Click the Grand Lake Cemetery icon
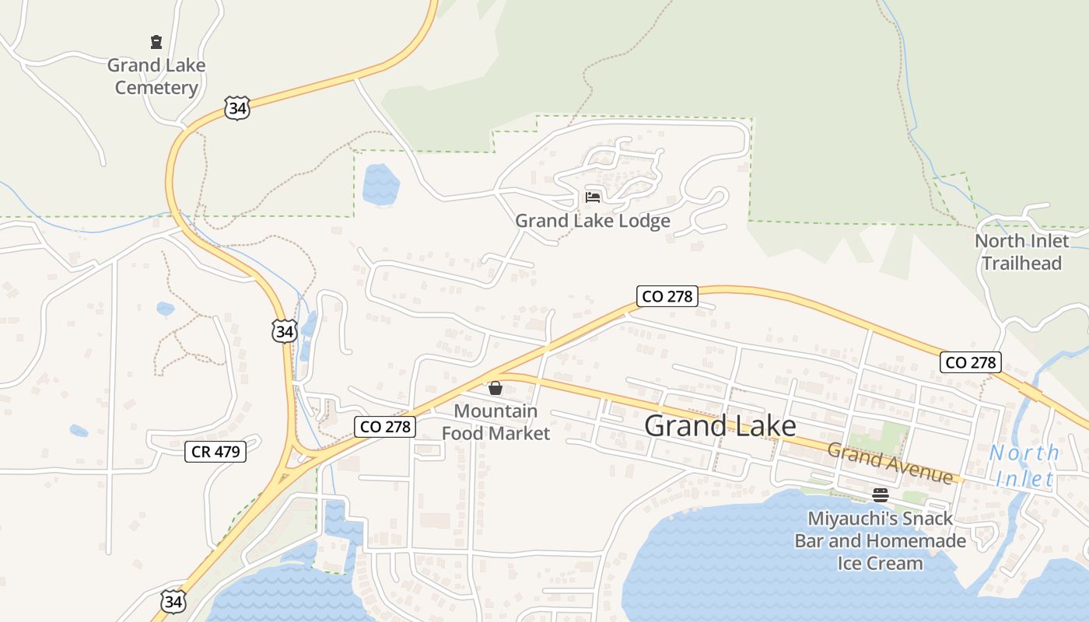pos(156,42)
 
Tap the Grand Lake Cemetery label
pos(156,76)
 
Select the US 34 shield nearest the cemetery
pos(237,108)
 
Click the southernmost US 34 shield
pos(174,601)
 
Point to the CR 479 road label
pos(215,452)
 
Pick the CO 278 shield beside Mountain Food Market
pos(386,426)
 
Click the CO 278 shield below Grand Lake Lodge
pos(667,296)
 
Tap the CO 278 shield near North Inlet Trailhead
pos(970,362)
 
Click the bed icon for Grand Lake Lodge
pos(593,197)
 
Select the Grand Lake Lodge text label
pos(593,221)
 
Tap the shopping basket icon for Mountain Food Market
pos(495,388)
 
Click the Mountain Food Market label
pos(495,422)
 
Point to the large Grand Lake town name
pos(720,426)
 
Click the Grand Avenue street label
pos(890,463)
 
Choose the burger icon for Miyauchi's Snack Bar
pos(881,495)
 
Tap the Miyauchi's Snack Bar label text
pos(881,540)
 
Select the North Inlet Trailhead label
pos(1021,252)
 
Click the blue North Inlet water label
pos(1024,465)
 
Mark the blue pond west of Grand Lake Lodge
pos(380,185)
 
